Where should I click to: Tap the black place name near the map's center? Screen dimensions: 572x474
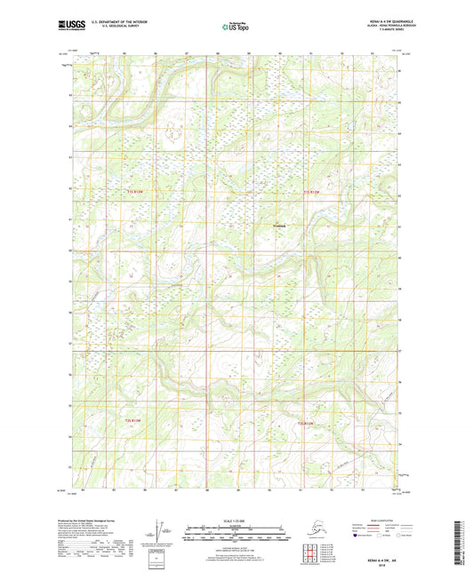(278, 225)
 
